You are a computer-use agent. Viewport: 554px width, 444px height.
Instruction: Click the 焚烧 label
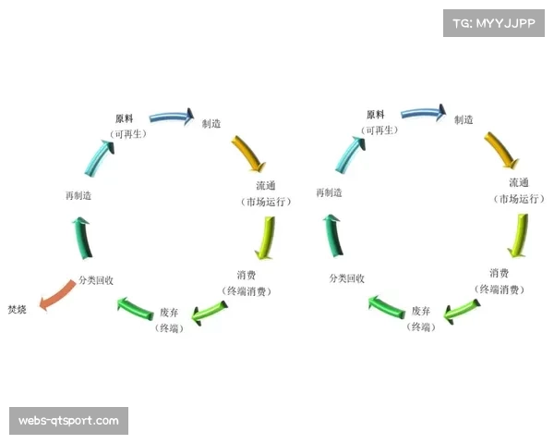coord(18,309)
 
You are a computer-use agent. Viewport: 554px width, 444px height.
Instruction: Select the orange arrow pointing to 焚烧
coord(57,297)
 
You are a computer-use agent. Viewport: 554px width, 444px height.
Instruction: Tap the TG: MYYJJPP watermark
coord(495,22)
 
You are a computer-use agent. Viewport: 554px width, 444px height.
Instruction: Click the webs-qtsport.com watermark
coord(69,421)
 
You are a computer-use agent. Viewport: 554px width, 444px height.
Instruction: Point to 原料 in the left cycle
coord(125,118)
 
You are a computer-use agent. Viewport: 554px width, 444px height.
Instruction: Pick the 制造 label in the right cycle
coord(464,119)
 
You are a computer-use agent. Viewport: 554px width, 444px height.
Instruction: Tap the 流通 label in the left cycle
coord(266,186)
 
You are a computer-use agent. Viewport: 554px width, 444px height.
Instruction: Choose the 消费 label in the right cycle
coord(500,273)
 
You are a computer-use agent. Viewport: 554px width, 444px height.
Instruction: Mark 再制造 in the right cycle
coord(330,193)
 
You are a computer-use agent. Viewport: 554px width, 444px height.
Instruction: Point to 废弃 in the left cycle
coord(169,312)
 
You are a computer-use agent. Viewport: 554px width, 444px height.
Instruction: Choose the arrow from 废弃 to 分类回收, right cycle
coord(387,303)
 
